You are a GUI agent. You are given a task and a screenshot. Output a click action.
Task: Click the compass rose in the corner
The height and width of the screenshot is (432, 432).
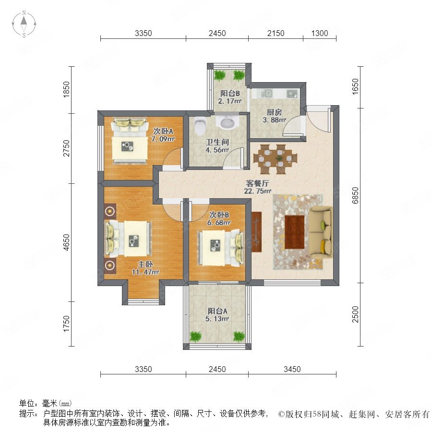pos(24,24)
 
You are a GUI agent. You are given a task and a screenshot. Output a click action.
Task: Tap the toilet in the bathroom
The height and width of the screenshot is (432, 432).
pos(200,126)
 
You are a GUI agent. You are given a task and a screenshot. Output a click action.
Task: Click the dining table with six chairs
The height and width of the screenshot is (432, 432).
pos(276,159)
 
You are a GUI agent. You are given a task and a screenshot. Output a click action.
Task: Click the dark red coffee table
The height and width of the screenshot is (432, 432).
pos(295,232)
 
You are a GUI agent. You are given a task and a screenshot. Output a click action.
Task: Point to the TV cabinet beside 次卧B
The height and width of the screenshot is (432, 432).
pos(256,232)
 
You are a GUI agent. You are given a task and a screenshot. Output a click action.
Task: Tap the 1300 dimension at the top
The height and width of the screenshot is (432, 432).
pos(320,33)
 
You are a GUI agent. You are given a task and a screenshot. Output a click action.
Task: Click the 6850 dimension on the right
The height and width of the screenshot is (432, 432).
pos(355,195)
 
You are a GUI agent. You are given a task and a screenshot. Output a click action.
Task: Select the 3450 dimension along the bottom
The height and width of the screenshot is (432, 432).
pos(292,369)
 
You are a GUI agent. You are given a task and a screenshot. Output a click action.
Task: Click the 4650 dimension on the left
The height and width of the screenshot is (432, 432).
pos(66,242)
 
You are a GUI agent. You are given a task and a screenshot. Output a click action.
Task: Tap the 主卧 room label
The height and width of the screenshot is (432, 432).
pos(145,264)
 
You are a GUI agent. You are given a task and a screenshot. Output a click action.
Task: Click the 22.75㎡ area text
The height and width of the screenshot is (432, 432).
pos(257,191)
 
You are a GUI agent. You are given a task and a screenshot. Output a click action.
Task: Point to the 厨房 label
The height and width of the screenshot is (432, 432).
pos(274,112)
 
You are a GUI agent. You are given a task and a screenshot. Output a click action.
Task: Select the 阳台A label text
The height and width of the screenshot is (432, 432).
pos(217,311)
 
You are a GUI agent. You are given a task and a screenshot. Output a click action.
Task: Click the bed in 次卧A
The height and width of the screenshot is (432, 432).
pos(129,141)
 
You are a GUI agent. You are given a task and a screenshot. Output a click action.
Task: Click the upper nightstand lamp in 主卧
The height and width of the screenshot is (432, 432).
pos(110,211)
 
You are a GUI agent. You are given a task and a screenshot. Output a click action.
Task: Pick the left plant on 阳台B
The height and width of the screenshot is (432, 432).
pos(219,75)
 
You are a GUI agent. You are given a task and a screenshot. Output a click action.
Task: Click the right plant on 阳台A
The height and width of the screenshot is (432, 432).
pos(239,336)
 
